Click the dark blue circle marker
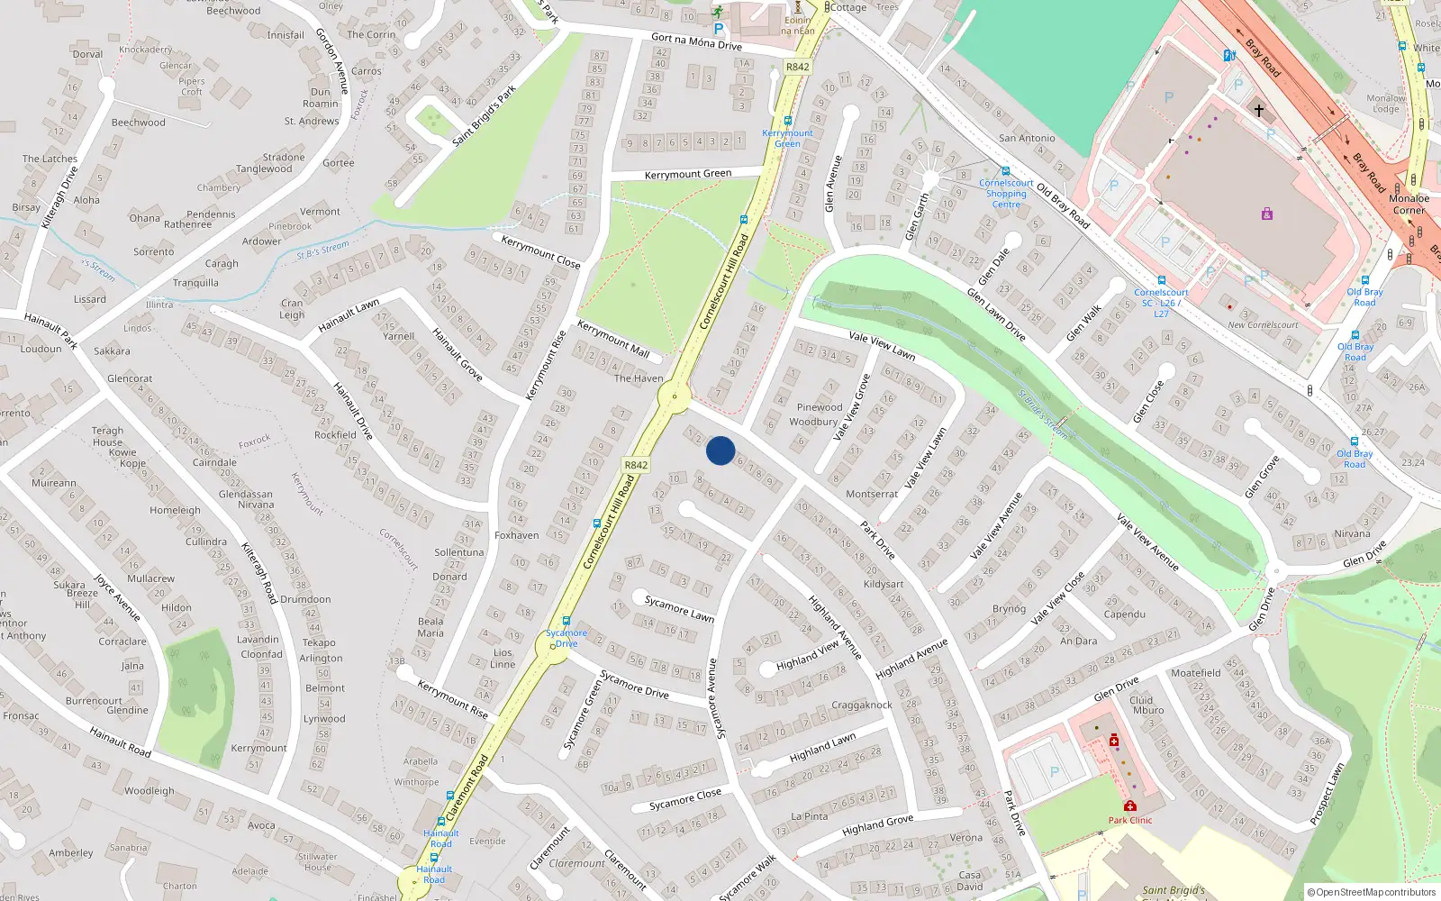720,450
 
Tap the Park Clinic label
1130,820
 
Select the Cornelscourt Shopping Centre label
1006,194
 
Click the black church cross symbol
1259,111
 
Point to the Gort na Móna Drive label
696,41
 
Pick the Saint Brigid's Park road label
485,115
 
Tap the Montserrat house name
871,494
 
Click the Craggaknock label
862,705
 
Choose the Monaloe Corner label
1409,204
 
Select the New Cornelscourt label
1263,325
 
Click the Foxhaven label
516,535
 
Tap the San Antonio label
1027,138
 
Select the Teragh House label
107,436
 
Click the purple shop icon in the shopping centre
1267,214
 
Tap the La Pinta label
809,816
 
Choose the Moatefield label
1196,673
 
